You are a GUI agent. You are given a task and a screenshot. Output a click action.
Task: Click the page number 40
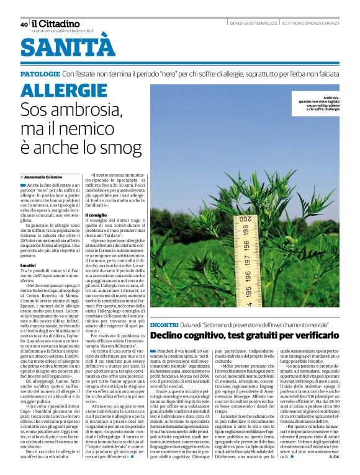tap(24, 25)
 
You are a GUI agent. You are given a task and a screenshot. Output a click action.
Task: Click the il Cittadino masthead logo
tap(55, 24)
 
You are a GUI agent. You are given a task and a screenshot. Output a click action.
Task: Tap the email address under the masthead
tap(63, 30)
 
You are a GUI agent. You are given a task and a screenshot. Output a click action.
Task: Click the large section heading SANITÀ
tap(68, 47)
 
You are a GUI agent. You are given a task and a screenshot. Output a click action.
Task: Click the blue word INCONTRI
tap(164, 325)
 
